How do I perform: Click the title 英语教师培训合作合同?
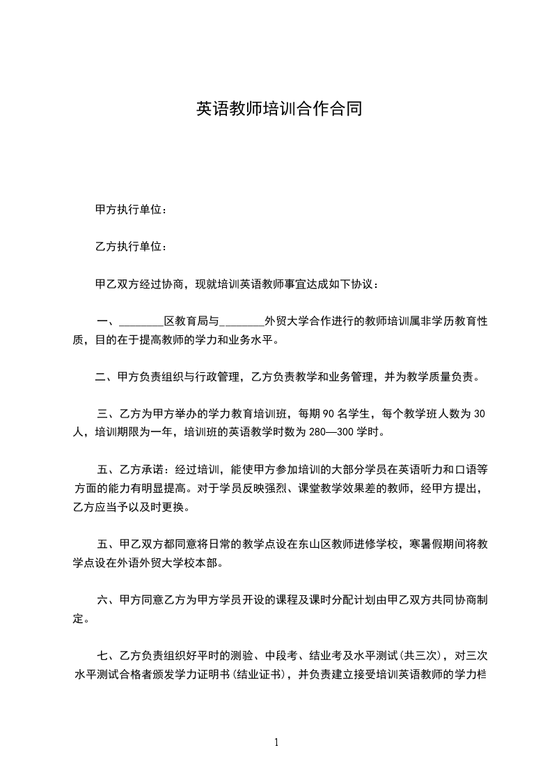point(278,109)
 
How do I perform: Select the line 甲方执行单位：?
point(131,210)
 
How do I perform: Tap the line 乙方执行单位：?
point(131,247)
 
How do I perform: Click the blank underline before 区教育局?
point(141,323)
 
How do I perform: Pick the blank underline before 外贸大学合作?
point(242,323)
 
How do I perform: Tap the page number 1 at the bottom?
point(276,742)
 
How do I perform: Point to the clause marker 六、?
point(107,600)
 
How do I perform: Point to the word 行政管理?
point(213,378)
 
